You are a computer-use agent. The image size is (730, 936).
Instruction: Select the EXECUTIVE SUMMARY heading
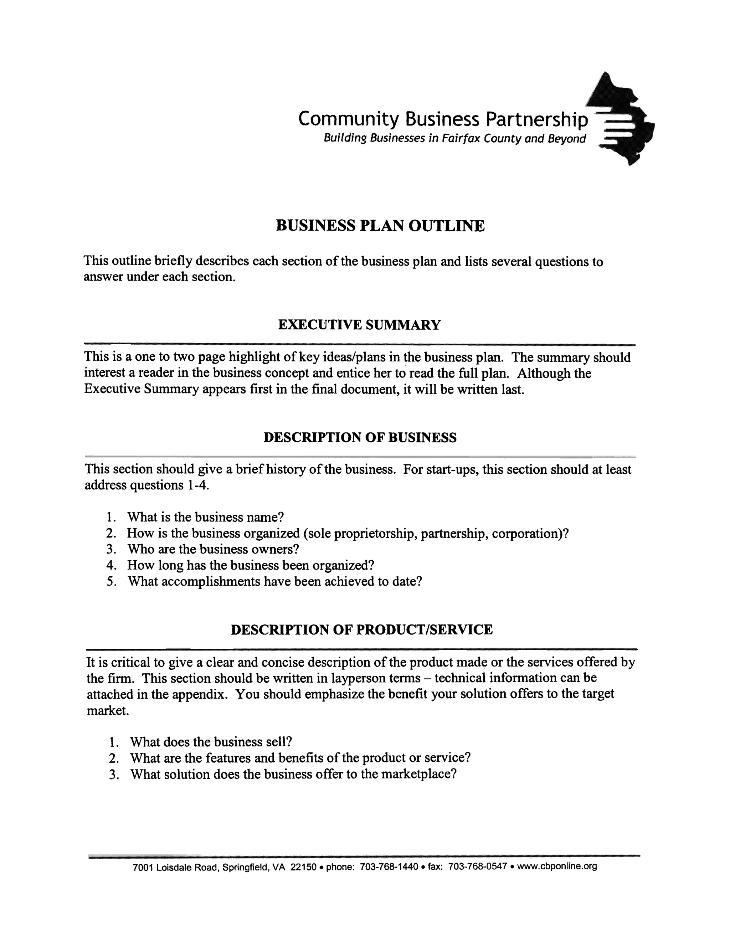pos(359,324)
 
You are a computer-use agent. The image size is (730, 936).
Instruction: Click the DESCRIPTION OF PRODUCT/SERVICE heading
pos(361,629)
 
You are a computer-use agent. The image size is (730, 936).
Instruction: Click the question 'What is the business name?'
pos(205,517)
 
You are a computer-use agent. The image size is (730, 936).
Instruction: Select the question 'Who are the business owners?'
pos(213,549)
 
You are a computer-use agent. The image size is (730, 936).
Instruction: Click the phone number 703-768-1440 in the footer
pos(389,866)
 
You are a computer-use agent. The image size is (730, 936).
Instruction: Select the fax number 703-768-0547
pos(478,866)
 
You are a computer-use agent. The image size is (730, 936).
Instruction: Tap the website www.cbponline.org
pos(557,866)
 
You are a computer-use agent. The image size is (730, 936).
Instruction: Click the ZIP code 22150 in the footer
pos(303,866)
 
